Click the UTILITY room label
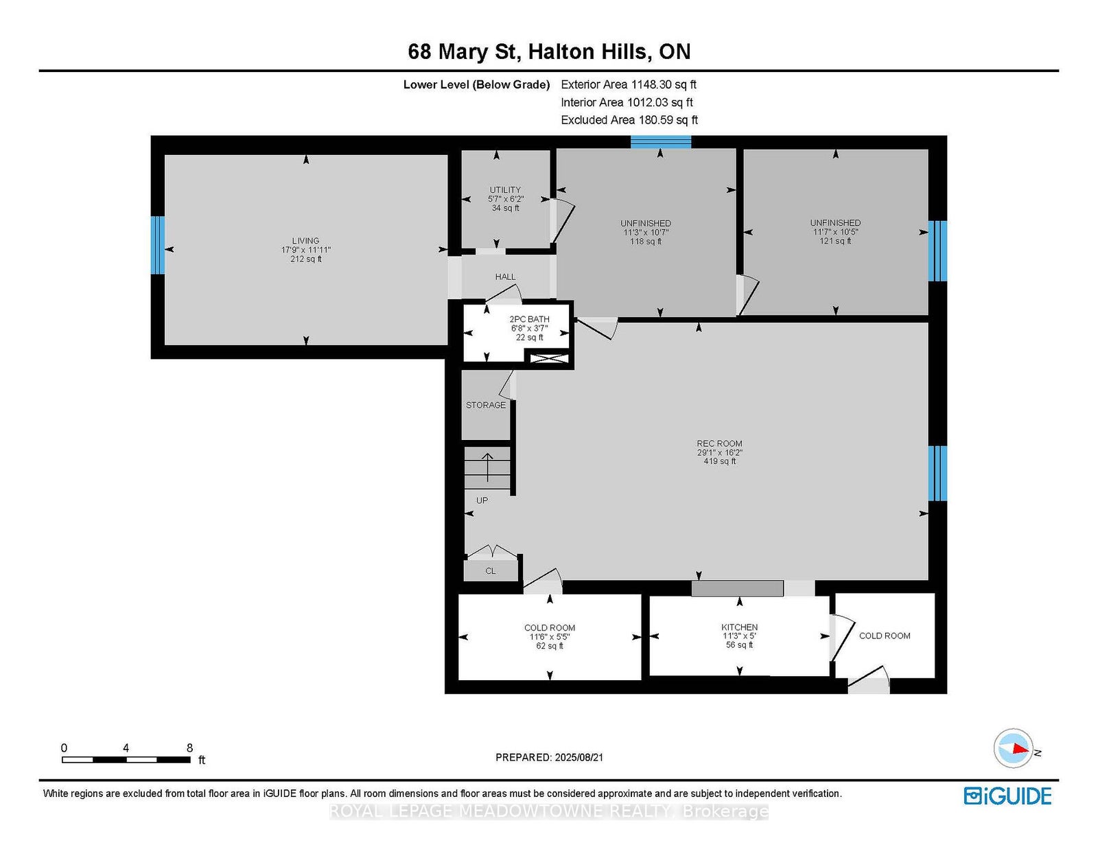505,190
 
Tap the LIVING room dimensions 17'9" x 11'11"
305,250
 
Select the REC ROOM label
719,443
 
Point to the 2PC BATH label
529,319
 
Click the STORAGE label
486,405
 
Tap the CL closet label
490,570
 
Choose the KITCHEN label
739,627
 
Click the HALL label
505,277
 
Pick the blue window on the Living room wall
158,245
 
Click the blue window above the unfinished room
660,142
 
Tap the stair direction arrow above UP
487,467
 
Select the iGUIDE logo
1007,796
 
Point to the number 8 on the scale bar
189,748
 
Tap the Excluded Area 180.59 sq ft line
629,120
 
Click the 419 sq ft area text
720,461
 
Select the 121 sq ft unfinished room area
835,241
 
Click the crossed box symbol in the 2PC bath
549,359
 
